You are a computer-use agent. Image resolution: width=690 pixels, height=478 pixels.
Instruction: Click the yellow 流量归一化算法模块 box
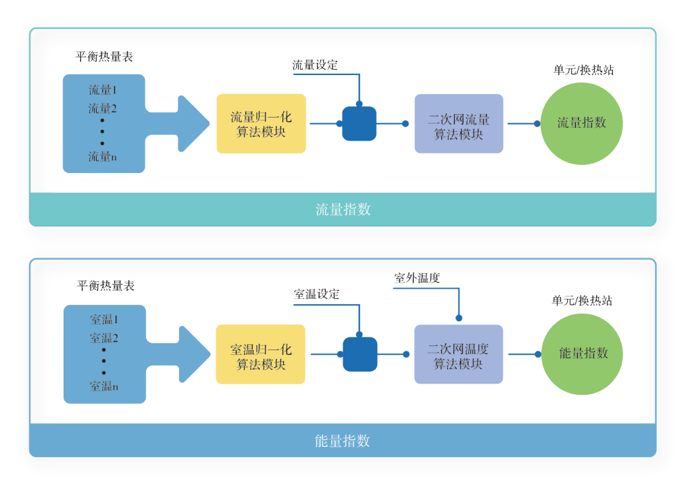[261, 124]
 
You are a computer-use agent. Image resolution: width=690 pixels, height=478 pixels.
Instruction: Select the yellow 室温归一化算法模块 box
[260, 354]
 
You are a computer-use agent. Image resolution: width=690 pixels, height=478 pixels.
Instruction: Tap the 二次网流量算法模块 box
[459, 124]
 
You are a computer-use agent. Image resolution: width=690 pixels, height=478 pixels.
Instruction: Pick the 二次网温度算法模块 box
[458, 355]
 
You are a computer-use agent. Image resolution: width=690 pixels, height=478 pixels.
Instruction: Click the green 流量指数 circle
[581, 123]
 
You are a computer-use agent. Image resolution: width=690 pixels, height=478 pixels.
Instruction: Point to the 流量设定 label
[315, 66]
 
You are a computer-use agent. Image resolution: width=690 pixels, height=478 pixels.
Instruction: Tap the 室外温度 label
[417, 278]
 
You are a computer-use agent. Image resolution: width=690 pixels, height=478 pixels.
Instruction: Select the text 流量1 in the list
[103, 89]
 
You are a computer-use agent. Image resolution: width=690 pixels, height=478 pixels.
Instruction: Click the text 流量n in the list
[103, 157]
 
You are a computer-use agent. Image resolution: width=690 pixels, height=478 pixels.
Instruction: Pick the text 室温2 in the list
[104, 338]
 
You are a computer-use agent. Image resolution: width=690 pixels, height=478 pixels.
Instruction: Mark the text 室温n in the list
[104, 387]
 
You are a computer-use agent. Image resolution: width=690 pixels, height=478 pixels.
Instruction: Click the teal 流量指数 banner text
[343, 210]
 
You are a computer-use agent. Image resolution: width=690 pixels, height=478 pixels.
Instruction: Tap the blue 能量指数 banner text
[343, 441]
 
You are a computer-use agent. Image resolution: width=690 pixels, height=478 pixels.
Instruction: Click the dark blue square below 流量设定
[359, 123]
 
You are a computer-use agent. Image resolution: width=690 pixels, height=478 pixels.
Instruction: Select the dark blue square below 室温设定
[360, 354]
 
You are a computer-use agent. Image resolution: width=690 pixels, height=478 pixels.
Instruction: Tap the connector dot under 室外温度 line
[459, 317]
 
